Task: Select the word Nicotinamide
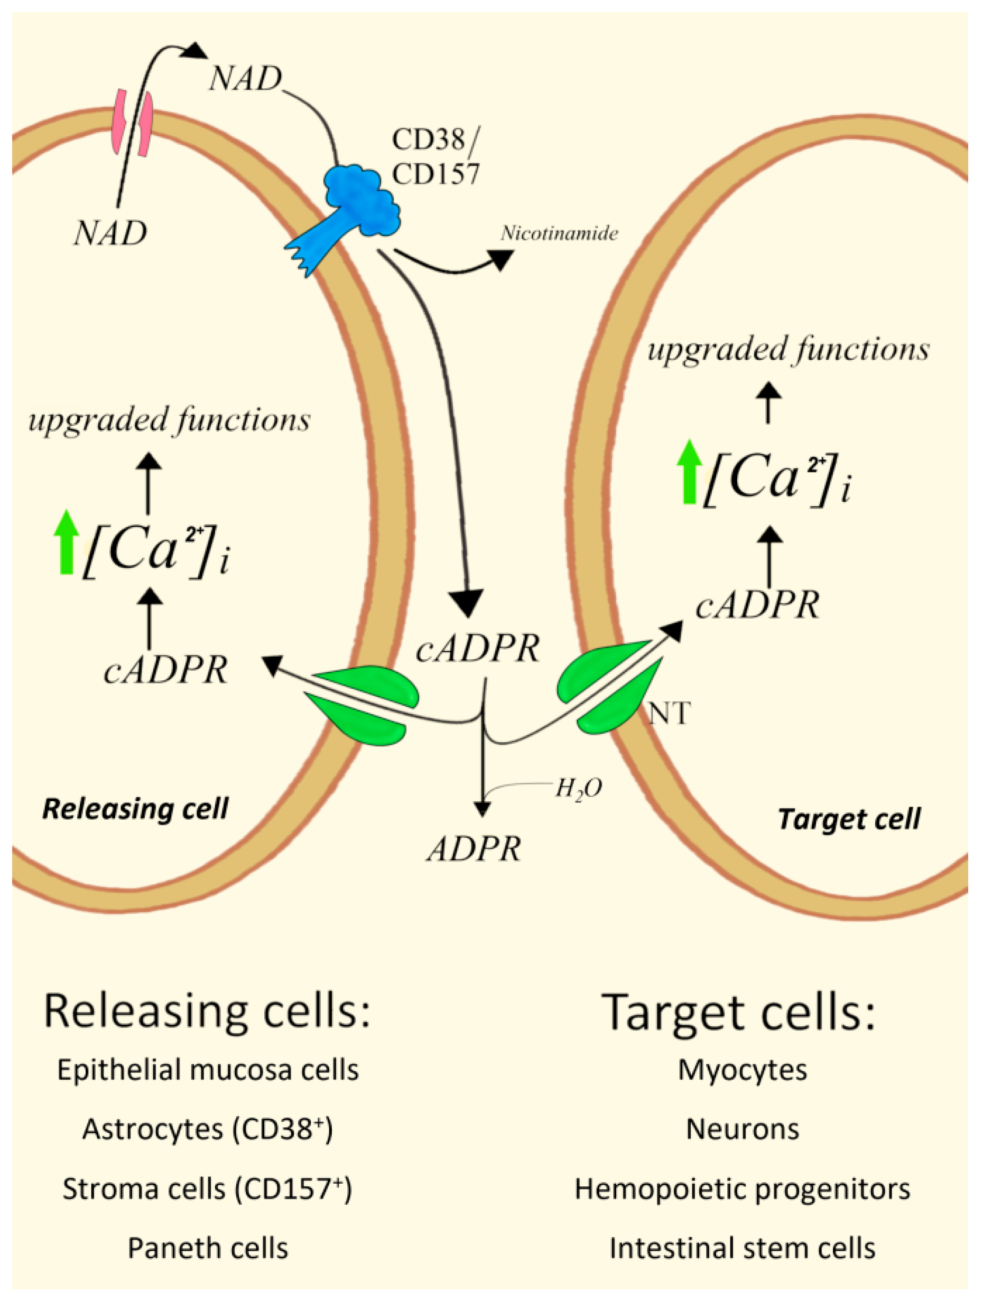click(x=559, y=233)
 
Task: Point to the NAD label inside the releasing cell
click(x=110, y=233)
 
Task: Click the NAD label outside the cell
click(x=246, y=78)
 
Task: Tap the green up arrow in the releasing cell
click(x=66, y=541)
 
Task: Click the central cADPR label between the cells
click(x=477, y=649)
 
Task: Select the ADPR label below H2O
click(x=474, y=849)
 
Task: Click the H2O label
click(x=578, y=789)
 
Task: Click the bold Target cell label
click(x=849, y=819)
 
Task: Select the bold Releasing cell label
click(x=135, y=809)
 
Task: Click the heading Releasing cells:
click(x=207, y=1010)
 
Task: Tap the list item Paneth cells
click(x=207, y=1248)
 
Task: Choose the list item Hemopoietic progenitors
click(x=742, y=1189)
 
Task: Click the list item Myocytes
click(x=742, y=1070)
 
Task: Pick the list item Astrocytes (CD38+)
click(x=207, y=1129)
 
